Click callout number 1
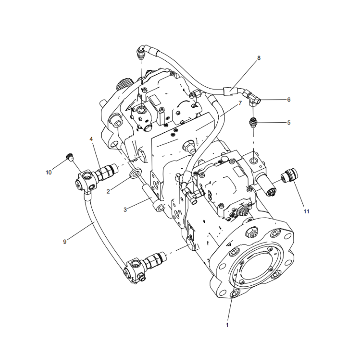click(227, 324)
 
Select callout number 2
click(108, 192)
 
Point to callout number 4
click(91, 139)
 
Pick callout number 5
click(289, 122)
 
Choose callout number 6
click(289, 99)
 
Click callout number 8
click(259, 58)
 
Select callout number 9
click(65, 242)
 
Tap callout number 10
click(49, 172)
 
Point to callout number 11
click(306, 211)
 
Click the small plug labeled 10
click(69, 157)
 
